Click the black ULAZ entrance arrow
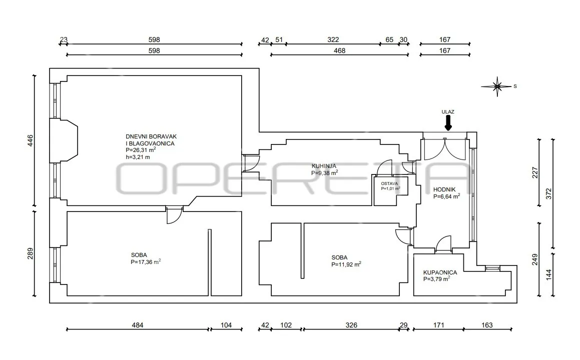(x=448, y=123)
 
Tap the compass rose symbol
(x=497, y=86)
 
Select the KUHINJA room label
(x=324, y=166)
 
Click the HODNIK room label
(x=444, y=189)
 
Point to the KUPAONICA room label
(x=440, y=272)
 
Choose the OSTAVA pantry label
(x=389, y=183)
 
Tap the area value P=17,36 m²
(x=145, y=261)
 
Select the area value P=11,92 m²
(x=346, y=264)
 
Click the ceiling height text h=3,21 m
(x=138, y=157)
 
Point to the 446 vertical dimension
(x=31, y=140)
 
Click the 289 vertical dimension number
(x=31, y=253)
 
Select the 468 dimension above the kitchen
(x=339, y=50)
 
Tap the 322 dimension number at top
(x=333, y=39)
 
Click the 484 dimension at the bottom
(x=137, y=325)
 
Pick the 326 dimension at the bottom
(x=351, y=325)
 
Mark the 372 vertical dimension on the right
(x=548, y=193)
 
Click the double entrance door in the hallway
(x=445, y=149)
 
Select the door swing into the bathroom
(x=443, y=244)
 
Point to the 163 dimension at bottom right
(x=487, y=325)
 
